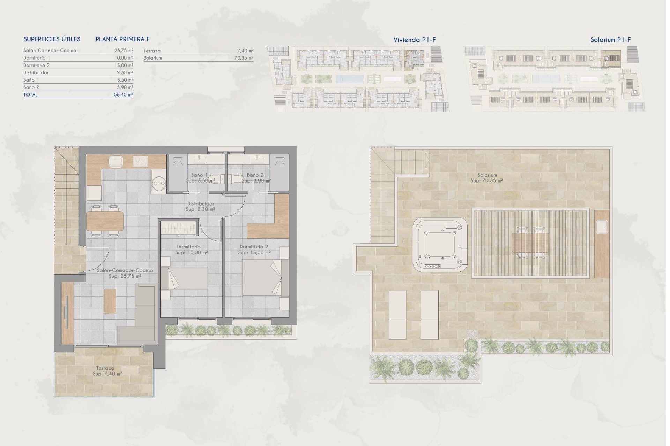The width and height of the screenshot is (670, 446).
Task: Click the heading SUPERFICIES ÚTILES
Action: point(52,39)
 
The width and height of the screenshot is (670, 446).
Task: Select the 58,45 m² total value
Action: point(124,94)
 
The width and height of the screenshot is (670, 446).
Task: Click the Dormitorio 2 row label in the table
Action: point(37,65)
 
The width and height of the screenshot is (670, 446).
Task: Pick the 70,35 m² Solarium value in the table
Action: point(244,58)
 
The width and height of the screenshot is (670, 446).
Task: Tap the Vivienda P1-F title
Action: point(414,40)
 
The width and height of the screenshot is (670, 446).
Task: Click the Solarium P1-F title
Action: point(610,40)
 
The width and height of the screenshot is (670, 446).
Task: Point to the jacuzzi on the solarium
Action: point(440,245)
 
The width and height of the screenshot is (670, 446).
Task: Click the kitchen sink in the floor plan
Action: point(115,162)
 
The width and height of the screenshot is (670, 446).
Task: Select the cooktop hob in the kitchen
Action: point(141,162)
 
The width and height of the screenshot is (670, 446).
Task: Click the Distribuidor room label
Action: point(201,203)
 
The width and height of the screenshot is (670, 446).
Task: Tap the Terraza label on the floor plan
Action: point(105,368)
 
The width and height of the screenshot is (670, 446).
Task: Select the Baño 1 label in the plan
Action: point(199,175)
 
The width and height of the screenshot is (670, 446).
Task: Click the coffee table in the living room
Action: point(110,301)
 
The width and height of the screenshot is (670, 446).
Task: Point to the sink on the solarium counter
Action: point(602,227)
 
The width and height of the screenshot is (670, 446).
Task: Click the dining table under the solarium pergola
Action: point(530,243)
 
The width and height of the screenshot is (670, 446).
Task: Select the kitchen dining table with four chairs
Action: point(105,221)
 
